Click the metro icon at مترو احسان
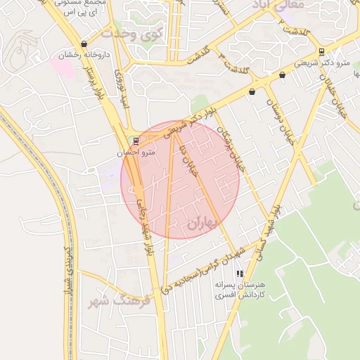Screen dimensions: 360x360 [x=136, y=141]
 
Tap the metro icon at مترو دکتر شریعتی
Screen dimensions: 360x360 [x=321, y=51]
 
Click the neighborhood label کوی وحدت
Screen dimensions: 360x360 [x=131, y=32]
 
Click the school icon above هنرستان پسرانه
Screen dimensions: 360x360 [x=240, y=274]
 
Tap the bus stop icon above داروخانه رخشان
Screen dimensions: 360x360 [x=84, y=44]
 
